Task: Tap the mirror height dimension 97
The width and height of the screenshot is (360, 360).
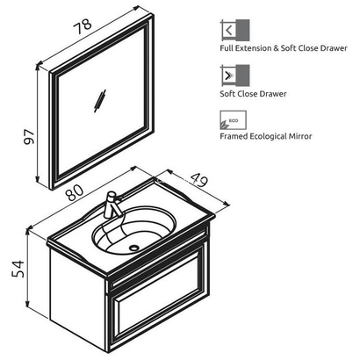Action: tap(29, 137)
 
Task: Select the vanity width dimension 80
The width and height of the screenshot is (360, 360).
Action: tap(75, 193)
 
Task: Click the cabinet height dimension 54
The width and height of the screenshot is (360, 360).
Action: tap(18, 269)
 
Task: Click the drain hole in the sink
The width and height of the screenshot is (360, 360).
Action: tap(134, 248)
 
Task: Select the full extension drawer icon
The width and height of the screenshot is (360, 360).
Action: tap(235, 30)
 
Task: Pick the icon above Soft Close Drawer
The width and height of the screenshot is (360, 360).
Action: tap(235, 76)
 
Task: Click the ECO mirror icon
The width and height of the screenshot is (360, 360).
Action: tap(233, 120)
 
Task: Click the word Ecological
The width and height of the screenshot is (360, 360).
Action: tap(269, 136)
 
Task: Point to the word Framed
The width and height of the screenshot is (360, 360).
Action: tap(234, 136)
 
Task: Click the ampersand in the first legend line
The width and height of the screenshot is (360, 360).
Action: tap(277, 48)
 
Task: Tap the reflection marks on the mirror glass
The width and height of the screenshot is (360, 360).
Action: tap(100, 100)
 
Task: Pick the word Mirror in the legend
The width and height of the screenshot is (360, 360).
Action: tap(302, 136)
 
